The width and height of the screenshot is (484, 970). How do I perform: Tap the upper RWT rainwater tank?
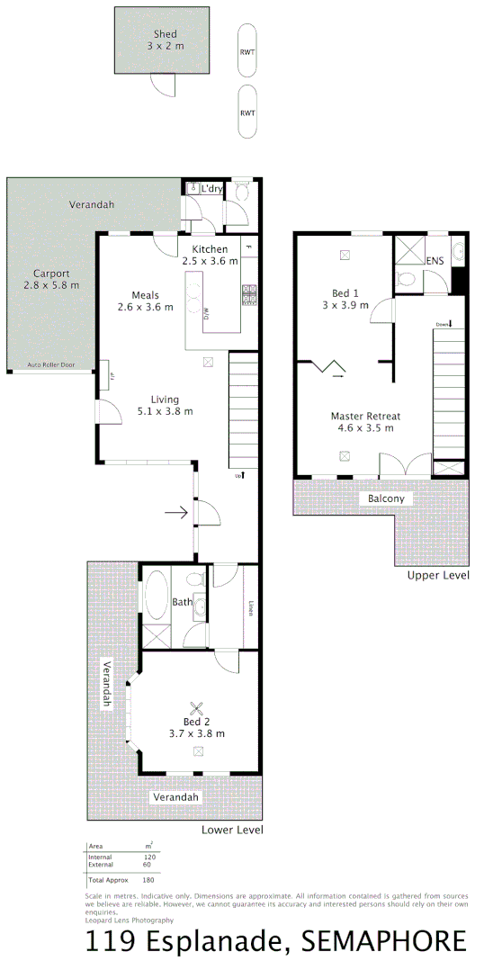point(246,51)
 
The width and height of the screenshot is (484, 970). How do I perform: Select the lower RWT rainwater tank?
point(246,112)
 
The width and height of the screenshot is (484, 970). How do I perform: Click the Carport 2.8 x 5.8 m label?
point(51,279)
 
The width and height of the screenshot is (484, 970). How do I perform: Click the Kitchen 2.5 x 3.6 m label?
point(210,255)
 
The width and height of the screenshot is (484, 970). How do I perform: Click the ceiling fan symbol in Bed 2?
point(197,708)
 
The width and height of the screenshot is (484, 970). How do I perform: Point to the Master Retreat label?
point(364,421)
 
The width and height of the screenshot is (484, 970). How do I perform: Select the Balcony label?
point(386,498)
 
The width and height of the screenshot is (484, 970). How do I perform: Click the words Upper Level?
point(437,574)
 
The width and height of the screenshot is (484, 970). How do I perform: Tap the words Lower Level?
point(232,829)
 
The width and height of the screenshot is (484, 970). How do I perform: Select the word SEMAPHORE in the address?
point(385,942)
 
